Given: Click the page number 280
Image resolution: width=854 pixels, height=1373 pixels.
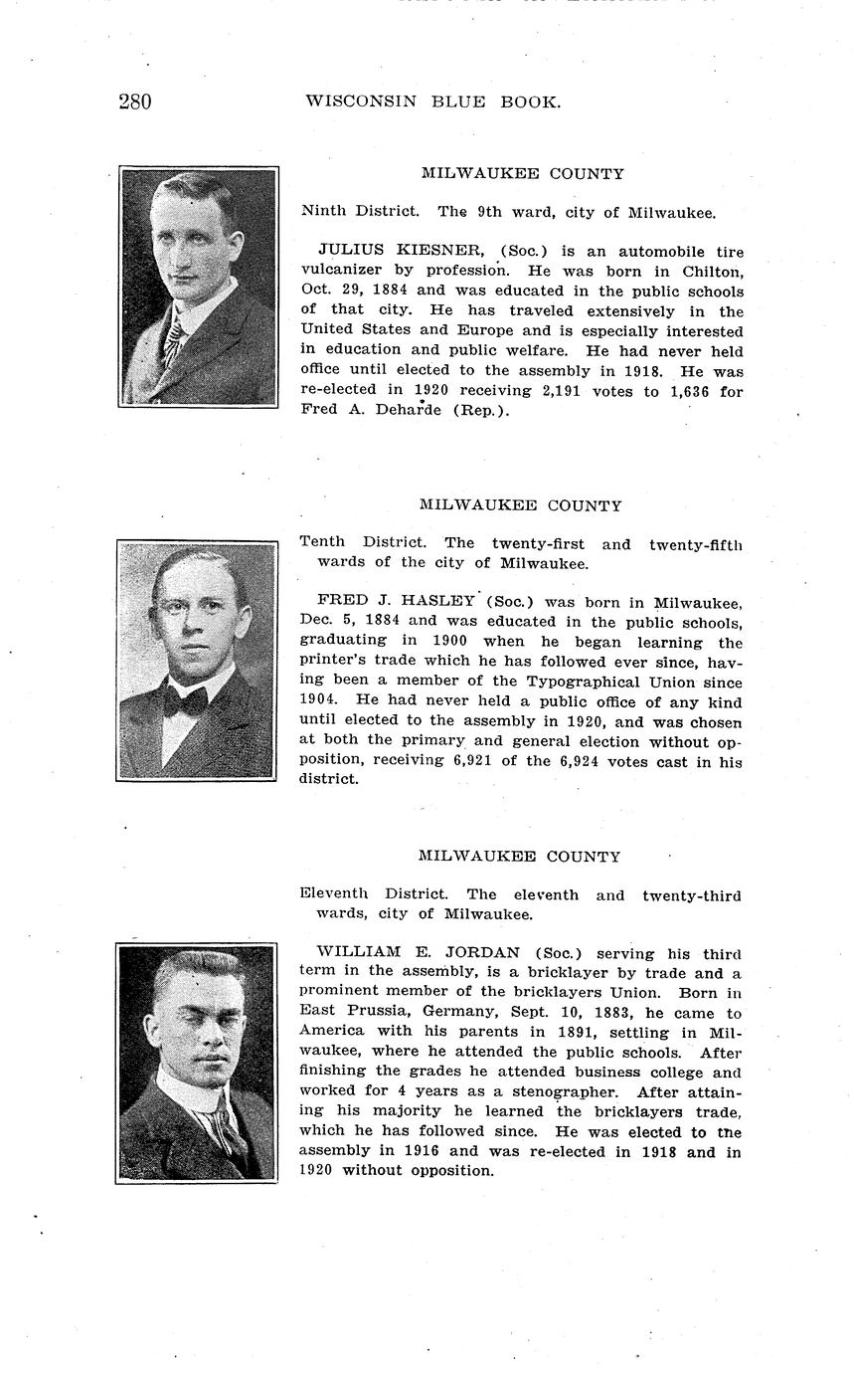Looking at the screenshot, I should coord(135,101).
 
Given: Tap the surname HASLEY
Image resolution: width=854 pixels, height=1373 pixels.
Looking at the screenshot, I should coord(437,601).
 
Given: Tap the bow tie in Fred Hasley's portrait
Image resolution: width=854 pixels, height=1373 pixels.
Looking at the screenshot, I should coord(185,701).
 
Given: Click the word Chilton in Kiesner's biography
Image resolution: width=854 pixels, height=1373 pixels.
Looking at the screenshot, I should coord(712,272).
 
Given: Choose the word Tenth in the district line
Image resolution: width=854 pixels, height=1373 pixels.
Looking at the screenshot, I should coord(322,542).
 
